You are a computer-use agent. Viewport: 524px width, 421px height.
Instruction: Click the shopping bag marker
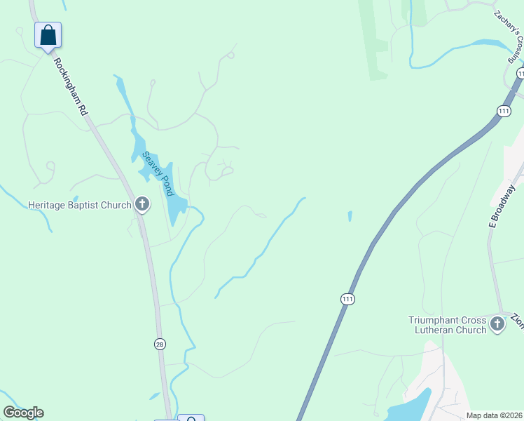pos(48,35)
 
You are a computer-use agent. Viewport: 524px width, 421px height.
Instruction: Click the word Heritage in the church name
pos(49,206)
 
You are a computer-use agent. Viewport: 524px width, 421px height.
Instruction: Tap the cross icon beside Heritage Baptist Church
pos(142,205)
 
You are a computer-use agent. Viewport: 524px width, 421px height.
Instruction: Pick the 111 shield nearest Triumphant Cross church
pos(347,300)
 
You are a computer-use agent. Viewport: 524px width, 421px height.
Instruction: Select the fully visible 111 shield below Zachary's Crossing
pos(504,111)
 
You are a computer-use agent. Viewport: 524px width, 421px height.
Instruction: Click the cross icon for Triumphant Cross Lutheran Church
pos(497,324)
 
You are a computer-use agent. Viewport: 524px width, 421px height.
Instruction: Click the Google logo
pos(23,413)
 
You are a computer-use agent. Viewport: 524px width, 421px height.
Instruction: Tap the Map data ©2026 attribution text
pos(494,415)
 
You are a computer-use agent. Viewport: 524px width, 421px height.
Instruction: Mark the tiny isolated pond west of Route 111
pos(350,216)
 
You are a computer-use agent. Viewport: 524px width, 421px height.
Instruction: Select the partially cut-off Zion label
pos(518,320)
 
